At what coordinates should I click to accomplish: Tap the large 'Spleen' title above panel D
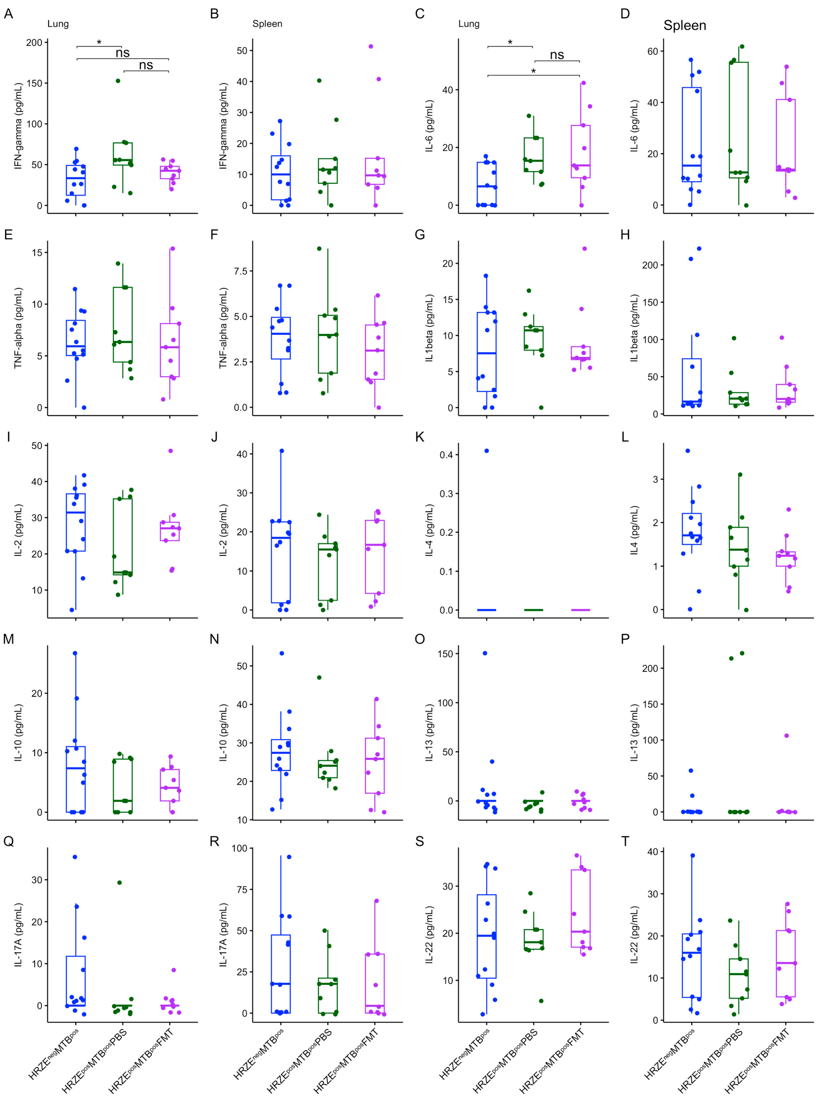[x=685, y=25]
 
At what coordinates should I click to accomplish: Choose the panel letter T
[x=625, y=842]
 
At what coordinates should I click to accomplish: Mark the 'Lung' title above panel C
[x=469, y=24]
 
